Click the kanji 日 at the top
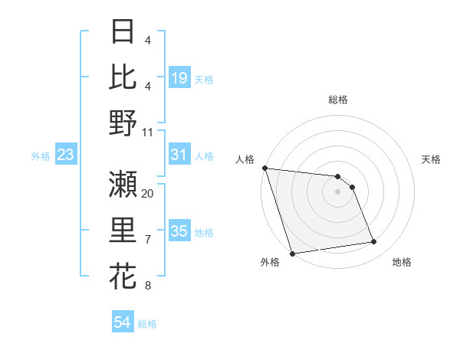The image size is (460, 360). [123, 32]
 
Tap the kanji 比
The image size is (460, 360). [123, 77]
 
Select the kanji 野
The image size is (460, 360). [123, 123]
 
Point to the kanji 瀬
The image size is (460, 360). [123, 185]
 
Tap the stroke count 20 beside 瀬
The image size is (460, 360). [148, 193]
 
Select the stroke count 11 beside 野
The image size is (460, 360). [148, 132]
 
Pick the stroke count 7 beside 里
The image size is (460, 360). [148, 240]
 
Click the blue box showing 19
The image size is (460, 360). [179, 79]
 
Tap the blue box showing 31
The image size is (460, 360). [179, 155]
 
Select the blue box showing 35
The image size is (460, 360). [179, 232]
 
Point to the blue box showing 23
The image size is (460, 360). [66, 155]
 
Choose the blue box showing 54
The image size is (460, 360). [122, 323]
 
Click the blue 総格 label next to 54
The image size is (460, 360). [147, 324]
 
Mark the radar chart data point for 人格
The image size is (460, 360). [264, 168]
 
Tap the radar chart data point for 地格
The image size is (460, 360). [374, 242]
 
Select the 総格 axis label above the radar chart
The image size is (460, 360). [338, 100]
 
